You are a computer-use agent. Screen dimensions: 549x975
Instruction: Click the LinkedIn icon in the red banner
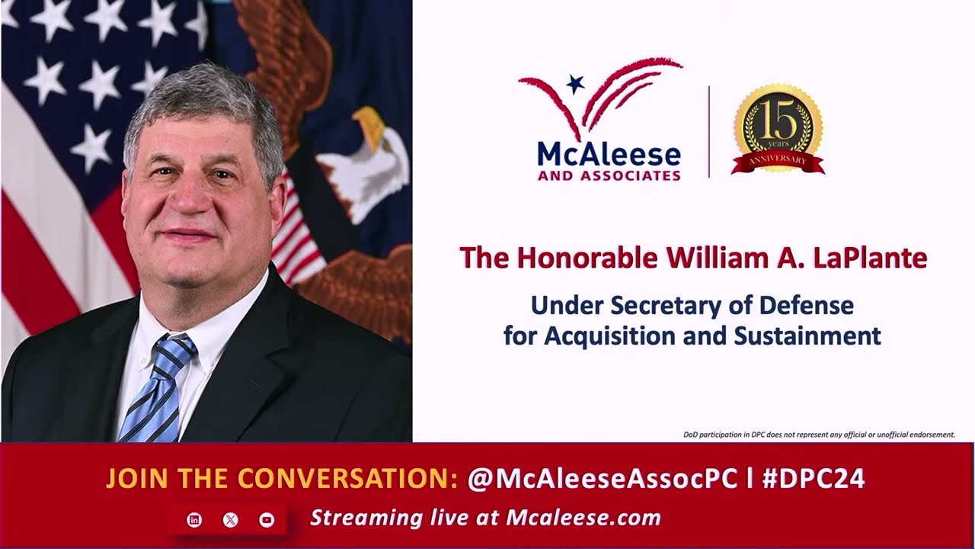coord(194,520)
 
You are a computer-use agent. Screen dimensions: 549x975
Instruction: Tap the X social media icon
coord(230,520)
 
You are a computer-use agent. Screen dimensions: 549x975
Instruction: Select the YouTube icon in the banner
coord(267,520)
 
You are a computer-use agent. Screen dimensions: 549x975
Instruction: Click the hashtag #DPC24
coord(813,478)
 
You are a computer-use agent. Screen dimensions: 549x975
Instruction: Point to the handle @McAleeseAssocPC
coord(602,478)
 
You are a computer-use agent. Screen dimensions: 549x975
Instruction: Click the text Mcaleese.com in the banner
coord(583,518)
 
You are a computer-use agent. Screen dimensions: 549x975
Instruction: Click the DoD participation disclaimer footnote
coord(819,435)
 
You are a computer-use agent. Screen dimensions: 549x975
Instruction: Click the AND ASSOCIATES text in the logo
coord(609,176)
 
